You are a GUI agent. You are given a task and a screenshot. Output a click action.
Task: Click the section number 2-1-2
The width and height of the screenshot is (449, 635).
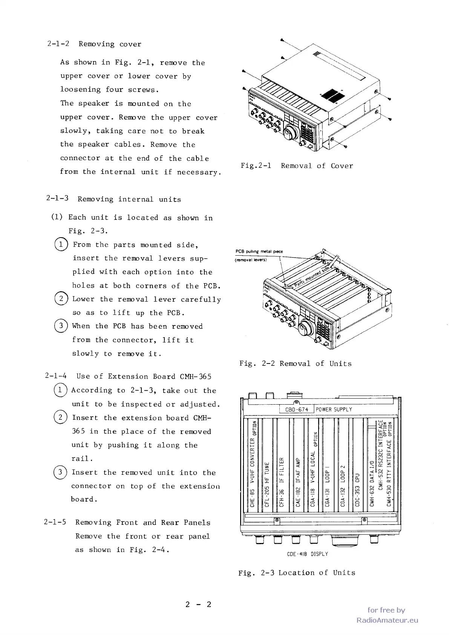(58, 44)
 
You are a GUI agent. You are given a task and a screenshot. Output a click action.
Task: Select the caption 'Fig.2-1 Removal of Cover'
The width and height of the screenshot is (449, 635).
(297, 166)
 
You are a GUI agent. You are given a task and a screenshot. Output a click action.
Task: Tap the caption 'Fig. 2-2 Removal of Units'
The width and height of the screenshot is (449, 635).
(295, 364)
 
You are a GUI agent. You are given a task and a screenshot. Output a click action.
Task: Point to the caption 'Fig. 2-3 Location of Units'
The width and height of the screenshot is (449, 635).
(297, 573)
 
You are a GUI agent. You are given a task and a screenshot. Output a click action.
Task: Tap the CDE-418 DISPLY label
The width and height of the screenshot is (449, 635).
(307, 554)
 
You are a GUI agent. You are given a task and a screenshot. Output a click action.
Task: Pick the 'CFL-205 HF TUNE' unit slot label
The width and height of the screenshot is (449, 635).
(267, 484)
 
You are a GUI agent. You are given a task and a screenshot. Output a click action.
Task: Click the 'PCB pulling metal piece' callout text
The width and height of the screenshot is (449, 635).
(259, 252)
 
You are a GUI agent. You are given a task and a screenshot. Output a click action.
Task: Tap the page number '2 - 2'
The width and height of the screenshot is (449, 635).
(198, 605)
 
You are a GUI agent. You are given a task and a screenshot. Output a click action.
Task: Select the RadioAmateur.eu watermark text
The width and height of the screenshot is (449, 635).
(387, 620)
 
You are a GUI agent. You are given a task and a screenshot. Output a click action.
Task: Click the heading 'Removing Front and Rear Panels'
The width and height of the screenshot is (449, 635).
(143, 523)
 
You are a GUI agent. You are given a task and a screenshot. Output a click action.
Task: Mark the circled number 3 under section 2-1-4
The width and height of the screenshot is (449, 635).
(60, 472)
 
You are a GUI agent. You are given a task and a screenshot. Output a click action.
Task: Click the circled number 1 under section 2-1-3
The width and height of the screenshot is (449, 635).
(61, 245)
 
